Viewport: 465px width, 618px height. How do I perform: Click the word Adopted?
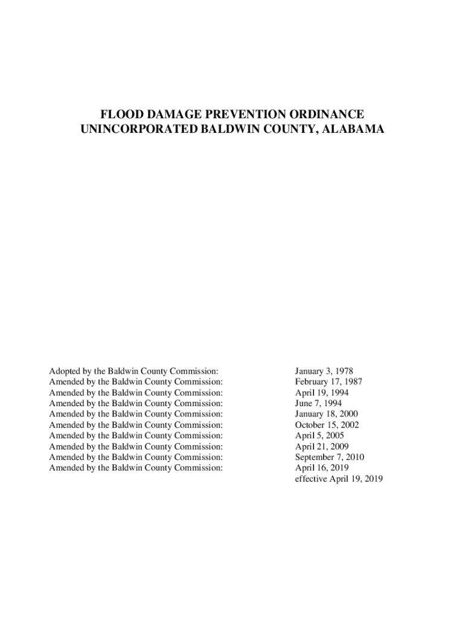(x=65, y=371)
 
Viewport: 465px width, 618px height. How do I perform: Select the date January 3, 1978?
(x=324, y=371)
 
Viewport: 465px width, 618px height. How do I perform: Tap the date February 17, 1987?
(x=329, y=382)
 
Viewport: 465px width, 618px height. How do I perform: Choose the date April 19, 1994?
(x=321, y=393)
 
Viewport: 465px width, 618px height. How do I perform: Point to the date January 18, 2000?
(x=326, y=414)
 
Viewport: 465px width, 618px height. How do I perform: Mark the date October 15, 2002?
(x=327, y=425)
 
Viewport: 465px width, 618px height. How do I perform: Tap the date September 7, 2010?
(x=329, y=457)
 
